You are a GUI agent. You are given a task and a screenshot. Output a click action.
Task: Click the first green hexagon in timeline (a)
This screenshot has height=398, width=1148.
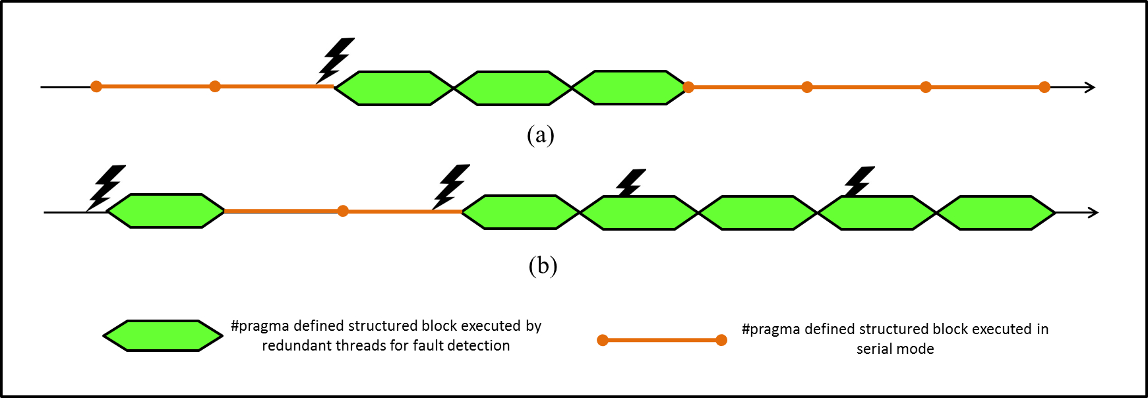[394, 88]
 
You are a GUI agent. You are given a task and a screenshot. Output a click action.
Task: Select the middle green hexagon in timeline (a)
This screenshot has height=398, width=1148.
[513, 88]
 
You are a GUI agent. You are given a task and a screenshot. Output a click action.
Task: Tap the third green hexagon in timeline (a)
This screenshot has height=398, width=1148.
[630, 88]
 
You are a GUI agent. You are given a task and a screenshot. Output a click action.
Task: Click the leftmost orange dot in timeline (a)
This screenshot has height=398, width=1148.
[96, 86]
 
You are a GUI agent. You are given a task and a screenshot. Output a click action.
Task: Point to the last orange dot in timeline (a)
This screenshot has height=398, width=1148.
[1044, 87]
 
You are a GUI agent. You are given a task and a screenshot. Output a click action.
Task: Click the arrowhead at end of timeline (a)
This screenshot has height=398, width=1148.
[1090, 87]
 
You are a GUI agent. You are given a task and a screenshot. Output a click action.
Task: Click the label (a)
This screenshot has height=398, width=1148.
[540, 135]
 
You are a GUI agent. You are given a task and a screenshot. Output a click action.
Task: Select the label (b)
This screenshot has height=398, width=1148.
[543, 266]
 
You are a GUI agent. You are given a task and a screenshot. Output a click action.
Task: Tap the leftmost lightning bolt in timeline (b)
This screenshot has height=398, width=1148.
[106, 187]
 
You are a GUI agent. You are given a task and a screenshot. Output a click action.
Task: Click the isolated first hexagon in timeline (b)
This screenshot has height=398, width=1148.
[165, 211]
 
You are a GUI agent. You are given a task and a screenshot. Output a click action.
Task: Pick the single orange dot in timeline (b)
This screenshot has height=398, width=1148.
[343, 211]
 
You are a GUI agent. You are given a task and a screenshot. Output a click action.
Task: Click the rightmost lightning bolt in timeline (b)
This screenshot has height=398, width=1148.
[859, 182]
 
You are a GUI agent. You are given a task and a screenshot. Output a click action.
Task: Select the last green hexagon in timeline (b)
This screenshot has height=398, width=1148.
[996, 213]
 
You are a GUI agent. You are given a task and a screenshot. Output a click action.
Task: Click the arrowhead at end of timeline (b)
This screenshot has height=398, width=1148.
[1093, 212]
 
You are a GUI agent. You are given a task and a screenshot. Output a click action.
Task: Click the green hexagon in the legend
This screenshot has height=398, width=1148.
[163, 336]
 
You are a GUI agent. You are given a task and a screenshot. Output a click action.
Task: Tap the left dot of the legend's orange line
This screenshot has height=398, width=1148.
[602, 340]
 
